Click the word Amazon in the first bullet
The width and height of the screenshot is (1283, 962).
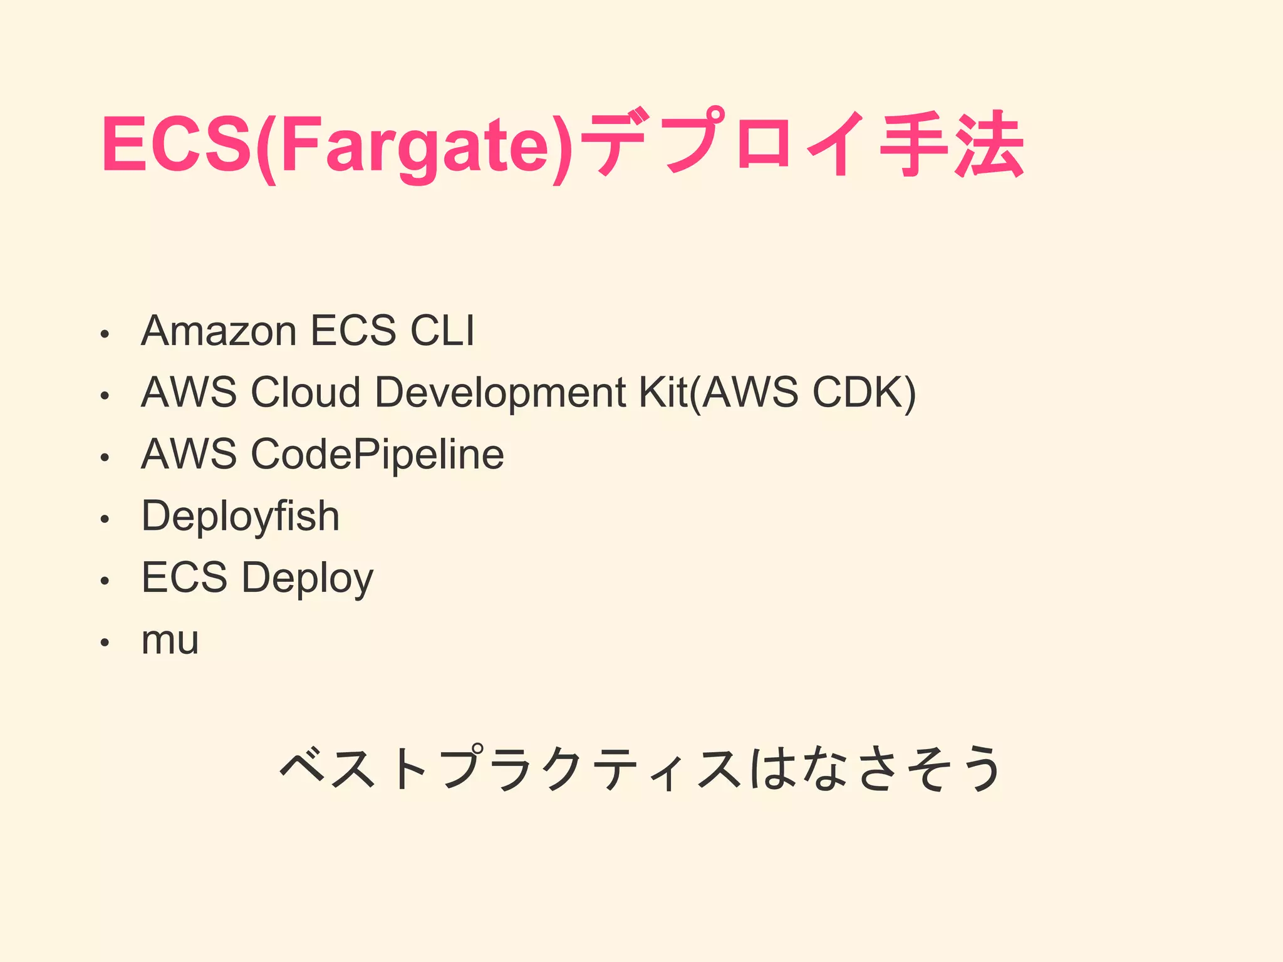pyautogui.click(x=219, y=331)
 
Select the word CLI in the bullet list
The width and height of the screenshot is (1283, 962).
pyautogui.click(x=442, y=331)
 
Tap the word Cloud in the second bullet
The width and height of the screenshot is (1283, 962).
pyautogui.click(x=306, y=393)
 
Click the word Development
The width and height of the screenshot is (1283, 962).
pyautogui.click(x=500, y=393)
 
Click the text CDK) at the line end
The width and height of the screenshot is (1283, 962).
pyautogui.click(x=865, y=393)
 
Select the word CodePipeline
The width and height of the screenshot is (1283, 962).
pyautogui.click(x=377, y=454)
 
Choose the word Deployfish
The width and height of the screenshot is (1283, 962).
pyautogui.click(x=241, y=517)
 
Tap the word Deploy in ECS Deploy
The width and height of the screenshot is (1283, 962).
pyautogui.click(x=308, y=578)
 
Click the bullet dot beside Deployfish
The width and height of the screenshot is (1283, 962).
pyautogui.click(x=105, y=519)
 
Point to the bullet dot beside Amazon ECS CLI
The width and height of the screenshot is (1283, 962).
pyautogui.click(x=105, y=334)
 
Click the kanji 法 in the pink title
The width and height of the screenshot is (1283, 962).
pyautogui.click(x=989, y=144)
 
